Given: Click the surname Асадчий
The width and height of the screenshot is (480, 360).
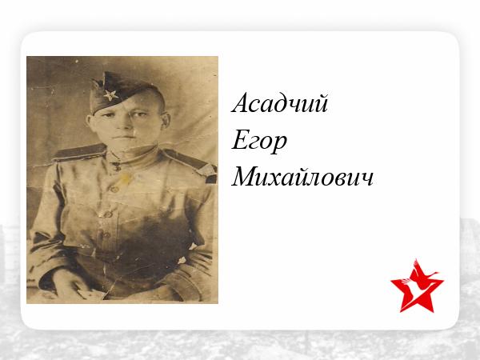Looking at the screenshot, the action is [280, 102].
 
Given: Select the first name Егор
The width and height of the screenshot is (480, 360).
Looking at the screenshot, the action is [259, 142].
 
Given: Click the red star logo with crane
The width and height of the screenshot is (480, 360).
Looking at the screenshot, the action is [417, 286].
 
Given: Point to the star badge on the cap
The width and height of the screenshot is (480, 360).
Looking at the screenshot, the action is [111, 95].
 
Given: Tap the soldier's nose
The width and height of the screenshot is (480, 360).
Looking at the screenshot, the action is [126, 124].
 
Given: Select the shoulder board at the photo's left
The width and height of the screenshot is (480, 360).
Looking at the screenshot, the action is [79, 152].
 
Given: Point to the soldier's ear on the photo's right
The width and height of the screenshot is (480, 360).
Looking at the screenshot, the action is [166, 120].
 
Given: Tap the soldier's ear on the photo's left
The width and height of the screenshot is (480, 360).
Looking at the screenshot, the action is [90, 122].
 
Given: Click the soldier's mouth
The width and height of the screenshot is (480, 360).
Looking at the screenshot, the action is [123, 138].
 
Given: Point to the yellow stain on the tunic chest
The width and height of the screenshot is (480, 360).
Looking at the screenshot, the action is [126, 178].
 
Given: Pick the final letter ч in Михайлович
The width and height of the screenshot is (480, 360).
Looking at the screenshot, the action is [366, 180].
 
